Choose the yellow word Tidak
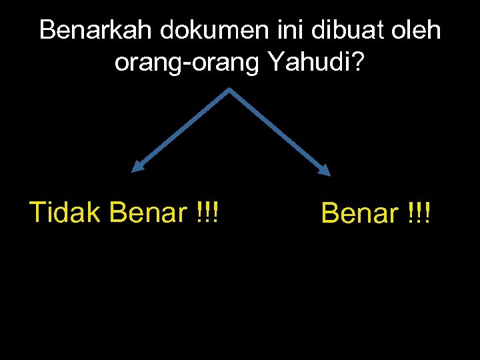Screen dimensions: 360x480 (65, 213)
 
